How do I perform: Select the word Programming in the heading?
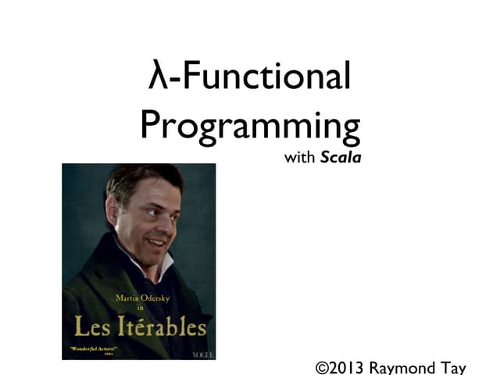pyautogui.click(x=250, y=125)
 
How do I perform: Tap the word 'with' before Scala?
pyautogui.click(x=300, y=158)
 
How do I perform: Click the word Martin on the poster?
pyautogui.click(x=130, y=298)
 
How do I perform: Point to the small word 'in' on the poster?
pyautogui.click(x=141, y=308)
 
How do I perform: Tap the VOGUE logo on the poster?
pyautogui.click(x=200, y=354)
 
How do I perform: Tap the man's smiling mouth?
pyautogui.click(x=159, y=241)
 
